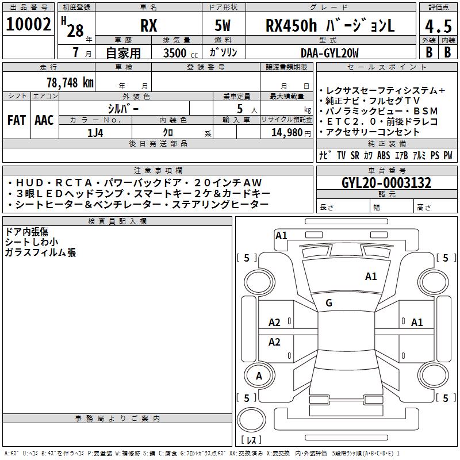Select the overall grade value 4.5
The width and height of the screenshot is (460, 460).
coord(438,27)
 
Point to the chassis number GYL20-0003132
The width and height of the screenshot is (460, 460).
coord(386,183)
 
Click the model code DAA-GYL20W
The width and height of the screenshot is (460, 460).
coord(329,53)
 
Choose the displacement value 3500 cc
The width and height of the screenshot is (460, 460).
coord(178,53)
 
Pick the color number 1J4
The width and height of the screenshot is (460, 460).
coord(95,132)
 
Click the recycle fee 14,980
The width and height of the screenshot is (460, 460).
coord(287,132)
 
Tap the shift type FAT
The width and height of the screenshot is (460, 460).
coord(16,120)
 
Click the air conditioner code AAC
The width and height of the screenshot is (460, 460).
coord(44,120)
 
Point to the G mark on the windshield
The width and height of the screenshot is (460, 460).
coord(329,303)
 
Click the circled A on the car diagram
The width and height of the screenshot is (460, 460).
coord(258,376)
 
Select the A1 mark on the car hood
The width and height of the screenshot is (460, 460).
coord(371,277)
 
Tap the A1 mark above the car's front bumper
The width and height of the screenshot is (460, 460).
coord(281,235)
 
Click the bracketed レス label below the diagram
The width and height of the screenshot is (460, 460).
coord(251,441)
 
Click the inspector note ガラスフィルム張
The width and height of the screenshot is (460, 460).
coord(40,252)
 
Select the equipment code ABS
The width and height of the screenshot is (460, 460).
coord(383,156)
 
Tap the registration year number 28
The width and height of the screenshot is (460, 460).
coord(75,30)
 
